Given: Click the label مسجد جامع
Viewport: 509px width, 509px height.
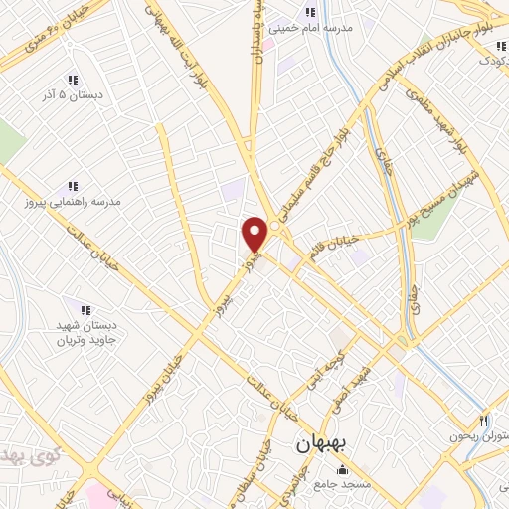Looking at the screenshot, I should coord(342,484).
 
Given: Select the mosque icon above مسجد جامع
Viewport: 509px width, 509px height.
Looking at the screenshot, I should coord(342,469).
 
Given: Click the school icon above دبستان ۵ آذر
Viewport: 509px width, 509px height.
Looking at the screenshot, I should coord(72,80).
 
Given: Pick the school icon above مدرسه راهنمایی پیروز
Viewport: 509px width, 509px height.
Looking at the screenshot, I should coord(72,185).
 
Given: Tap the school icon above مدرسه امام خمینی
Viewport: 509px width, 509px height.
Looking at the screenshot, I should coord(310,12).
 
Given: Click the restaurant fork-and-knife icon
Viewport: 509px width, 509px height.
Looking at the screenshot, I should coord(484,421).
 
